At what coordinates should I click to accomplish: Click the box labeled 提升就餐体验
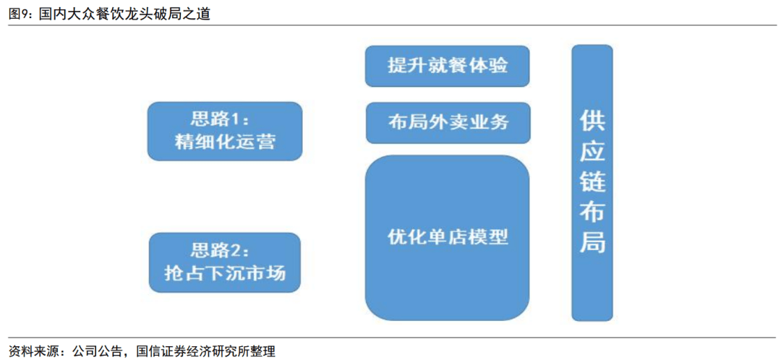click(448, 67)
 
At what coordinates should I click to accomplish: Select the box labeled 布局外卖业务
click(448, 123)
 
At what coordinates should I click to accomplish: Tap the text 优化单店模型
click(448, 237)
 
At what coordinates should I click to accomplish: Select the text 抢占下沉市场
click(225, 273)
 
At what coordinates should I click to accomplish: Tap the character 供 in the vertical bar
click(592, 122)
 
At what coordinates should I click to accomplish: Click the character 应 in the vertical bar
click(592, 152)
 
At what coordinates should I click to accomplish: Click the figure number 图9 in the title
click(20, 14)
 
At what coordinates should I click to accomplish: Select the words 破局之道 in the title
click(185, 14)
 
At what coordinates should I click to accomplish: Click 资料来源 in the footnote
click(31, 351)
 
